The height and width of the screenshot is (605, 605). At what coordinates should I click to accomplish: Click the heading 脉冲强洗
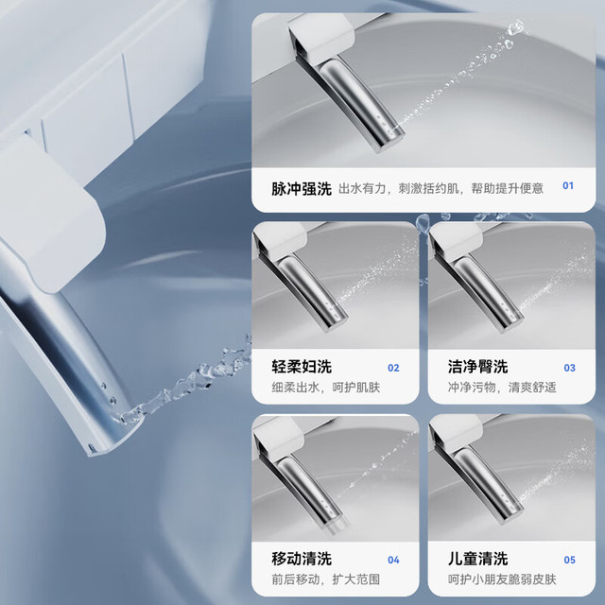click(302, 189)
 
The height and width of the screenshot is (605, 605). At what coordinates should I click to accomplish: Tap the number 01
click(568, 185)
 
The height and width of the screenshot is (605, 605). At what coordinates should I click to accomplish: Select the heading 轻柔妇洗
click(302, 367)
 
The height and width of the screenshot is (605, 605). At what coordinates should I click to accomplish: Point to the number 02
click(393, 368)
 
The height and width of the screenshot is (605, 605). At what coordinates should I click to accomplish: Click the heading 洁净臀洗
click(477, 367)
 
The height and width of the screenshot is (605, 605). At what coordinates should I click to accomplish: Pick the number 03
click(569, 368)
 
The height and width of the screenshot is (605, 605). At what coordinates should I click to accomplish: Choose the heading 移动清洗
click(302, 559)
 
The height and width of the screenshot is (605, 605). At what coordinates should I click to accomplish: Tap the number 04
click(393, 560)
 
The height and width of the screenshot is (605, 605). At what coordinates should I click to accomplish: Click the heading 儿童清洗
click(477, 559)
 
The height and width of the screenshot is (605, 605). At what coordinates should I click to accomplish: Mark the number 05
click(569, 560)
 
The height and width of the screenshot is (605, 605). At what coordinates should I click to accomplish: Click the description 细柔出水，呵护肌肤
click(325, 387)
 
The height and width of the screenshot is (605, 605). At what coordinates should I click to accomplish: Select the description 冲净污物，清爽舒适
click(502, 387)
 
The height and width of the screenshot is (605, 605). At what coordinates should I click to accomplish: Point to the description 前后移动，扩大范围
click(325, 579)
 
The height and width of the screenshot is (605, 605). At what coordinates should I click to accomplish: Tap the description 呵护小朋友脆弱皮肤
click(502, 579)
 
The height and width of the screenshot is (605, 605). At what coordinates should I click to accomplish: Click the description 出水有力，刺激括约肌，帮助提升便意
click(441, 188)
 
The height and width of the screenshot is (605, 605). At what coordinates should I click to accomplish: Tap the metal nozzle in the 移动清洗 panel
click(309, 491)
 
